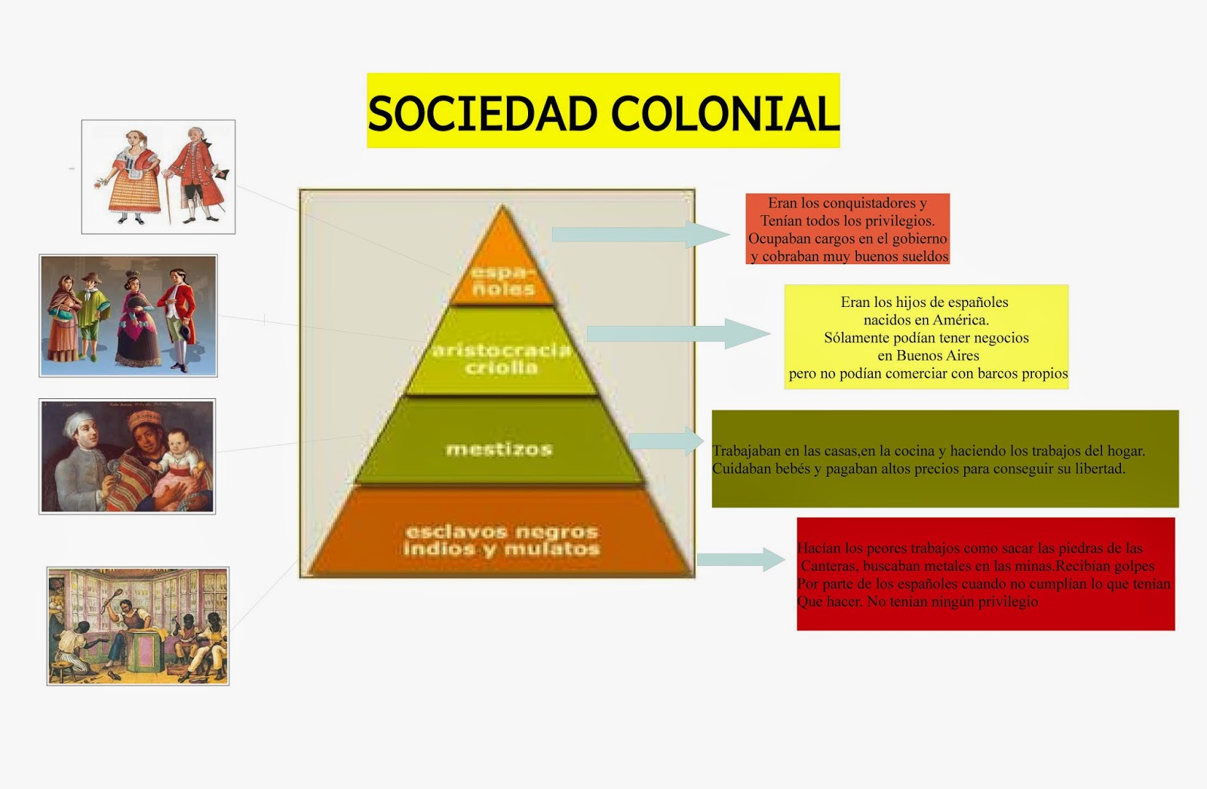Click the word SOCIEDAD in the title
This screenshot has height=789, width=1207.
(483, 113)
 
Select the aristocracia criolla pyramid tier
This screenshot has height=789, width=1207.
(502, 358)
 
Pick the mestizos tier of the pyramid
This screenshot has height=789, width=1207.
(499, 449)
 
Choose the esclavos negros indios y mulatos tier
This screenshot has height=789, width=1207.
(501, 540)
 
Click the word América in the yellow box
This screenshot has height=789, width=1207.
(960, 320)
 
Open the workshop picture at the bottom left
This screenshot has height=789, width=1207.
(137, 626)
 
